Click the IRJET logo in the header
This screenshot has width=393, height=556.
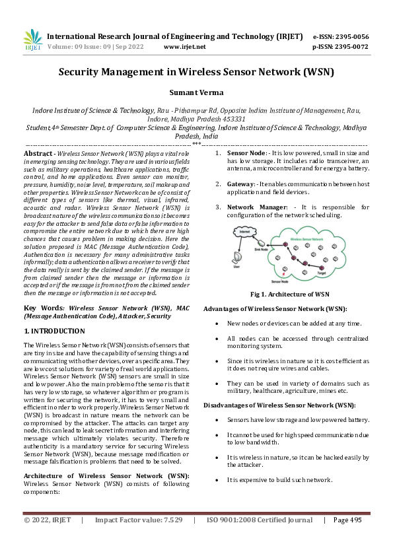point(32,40)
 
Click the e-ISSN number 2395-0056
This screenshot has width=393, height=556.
point(350,37)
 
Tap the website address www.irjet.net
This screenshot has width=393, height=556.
point(184,47)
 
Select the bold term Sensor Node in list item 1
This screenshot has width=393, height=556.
point(246,153)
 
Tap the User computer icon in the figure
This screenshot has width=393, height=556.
point(236,258)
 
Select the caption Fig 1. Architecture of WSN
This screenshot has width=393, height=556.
point(286,294)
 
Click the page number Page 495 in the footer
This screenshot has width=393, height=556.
point(347,539)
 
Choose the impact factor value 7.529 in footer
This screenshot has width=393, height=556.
point(169,539)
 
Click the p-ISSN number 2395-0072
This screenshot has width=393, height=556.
point(350,47)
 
